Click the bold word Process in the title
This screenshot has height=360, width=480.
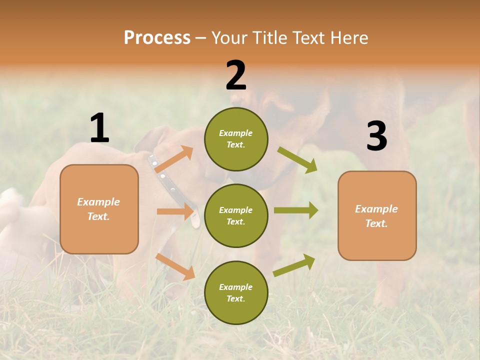pyautogui.click(x=157, y=37)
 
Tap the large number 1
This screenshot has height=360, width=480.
pyautogui.click(x=99, y=128)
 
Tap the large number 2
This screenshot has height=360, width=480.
pyautogui.click(x=236, y=75)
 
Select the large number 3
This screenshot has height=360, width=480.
pyautogui.click(x=376, y=136)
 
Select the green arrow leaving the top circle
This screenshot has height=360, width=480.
pyautogui.click(x=297, y=160)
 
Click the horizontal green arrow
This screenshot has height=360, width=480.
pyautogui.click(x=296, y=210)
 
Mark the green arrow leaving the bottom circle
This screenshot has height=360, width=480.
pyautogui.click(x=294, y=265)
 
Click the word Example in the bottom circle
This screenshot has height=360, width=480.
pyautogui.click(x=235, y=287)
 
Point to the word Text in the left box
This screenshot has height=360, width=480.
pyautogui.click(x=98, y=216)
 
